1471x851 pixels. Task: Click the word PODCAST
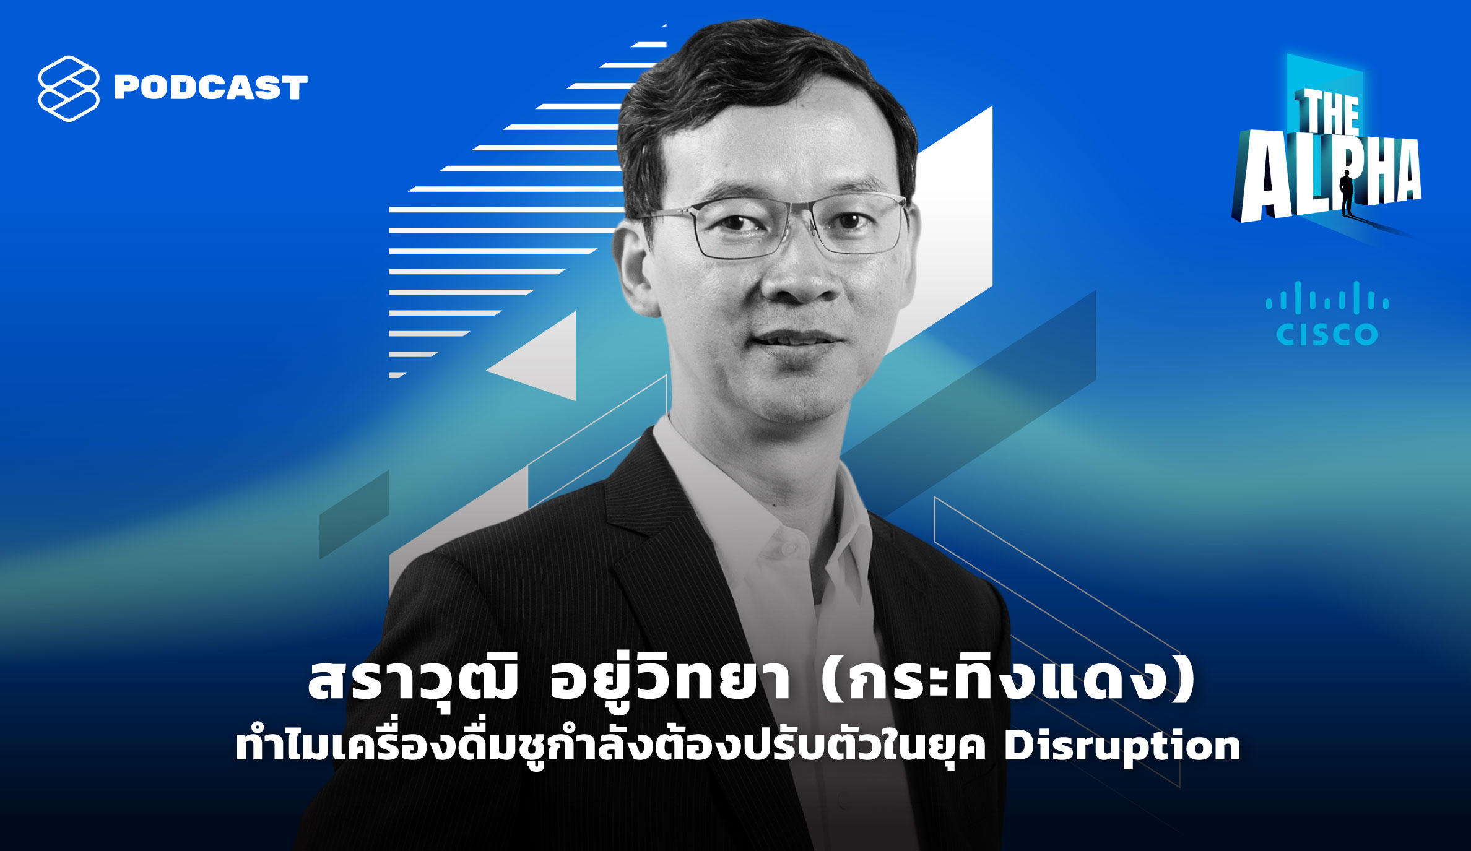210,87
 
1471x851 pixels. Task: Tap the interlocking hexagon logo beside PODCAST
69,89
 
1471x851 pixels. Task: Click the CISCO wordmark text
1327,334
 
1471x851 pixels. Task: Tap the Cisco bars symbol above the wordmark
1327,297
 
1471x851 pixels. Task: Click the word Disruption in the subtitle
1122,746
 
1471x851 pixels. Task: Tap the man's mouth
797,339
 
